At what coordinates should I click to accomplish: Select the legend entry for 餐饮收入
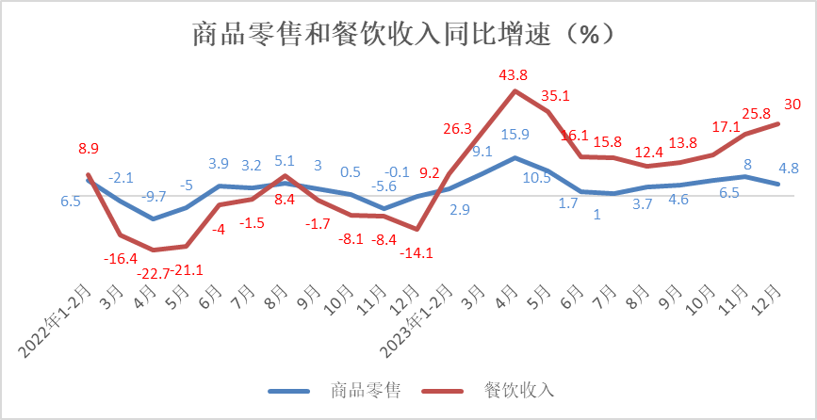[x=518, y=390]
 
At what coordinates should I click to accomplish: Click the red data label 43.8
[x=515, y=73]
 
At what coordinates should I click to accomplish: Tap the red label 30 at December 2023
[x=792, y=104]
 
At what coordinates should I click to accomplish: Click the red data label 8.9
[x=89, y=148]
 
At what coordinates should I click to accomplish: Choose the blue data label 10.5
[x=563, y=177]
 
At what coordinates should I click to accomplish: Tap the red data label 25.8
[x=758, y=114]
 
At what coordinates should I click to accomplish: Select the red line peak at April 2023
[x=515, y=90]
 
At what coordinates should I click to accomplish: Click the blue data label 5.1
[x=285, y=160]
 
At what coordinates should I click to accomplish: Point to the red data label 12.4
[x=649, y=151]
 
